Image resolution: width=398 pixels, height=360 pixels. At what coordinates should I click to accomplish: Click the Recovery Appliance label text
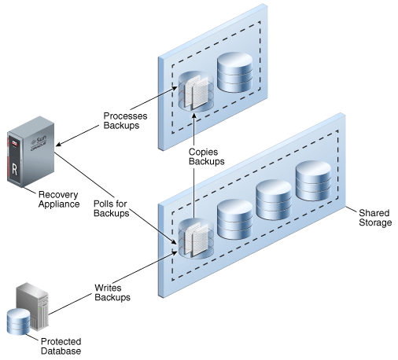(x=59, y=200)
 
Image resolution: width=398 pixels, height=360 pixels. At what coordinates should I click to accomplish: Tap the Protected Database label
(x=61, y=346)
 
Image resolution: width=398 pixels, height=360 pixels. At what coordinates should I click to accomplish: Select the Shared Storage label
(x=375, y=218)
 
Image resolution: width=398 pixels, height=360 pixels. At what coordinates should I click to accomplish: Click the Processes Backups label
(x=125, y=120)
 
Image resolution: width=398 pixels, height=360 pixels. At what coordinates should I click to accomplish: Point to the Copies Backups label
(x=206, y=156)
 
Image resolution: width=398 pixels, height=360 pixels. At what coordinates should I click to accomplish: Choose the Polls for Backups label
(x=112, y=208)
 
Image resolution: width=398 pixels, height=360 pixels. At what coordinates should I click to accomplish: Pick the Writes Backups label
(x=112, y=292)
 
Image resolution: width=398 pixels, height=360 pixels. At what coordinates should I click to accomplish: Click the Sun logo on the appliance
(x=39, y=141)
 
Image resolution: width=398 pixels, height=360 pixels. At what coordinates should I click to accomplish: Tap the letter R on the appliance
(x=15, y=170)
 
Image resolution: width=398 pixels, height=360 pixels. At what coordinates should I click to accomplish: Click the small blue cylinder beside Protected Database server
(x=18, y=321)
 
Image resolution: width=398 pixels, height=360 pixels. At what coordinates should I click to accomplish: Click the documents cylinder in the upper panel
(x=196, y=91)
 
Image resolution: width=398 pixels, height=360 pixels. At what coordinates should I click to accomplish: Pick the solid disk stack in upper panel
(x=235, y=72)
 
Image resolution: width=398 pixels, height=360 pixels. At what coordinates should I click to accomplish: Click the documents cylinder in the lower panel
(x=196, y=238)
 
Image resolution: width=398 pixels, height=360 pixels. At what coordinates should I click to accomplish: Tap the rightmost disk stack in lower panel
(x=313, y=181)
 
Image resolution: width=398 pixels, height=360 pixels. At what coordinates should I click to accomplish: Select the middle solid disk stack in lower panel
(x=274, y=200)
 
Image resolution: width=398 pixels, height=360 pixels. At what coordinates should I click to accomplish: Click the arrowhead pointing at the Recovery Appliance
(x=59, y=144)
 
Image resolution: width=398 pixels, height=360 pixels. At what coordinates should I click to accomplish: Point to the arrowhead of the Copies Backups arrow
(x=193, y=116)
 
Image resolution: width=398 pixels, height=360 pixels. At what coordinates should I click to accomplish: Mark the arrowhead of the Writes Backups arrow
(x=175, y=253)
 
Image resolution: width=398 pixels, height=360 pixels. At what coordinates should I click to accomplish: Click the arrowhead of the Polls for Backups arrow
(x=174, y=241)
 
